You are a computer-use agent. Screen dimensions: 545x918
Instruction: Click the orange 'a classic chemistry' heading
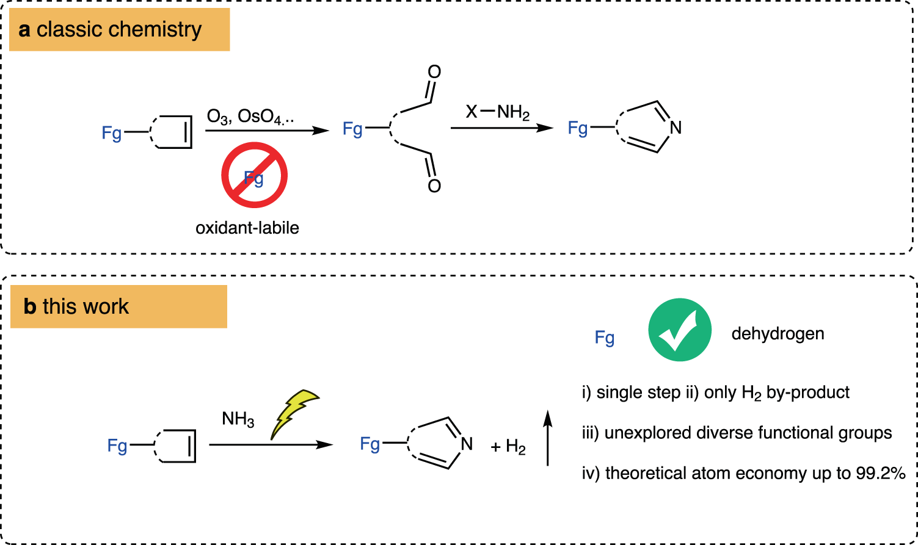119,30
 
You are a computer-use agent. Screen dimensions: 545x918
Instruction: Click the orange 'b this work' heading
118,306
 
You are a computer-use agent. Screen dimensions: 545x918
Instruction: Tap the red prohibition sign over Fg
254,175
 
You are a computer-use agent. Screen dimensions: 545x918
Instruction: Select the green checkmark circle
679,330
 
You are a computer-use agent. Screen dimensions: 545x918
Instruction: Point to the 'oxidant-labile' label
247,228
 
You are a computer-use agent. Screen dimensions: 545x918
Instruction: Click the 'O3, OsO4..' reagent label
250,116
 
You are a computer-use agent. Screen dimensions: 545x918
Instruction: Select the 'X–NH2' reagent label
497,112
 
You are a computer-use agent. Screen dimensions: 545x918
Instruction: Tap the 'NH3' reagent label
238,419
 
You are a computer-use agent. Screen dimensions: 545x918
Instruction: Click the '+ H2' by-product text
508,447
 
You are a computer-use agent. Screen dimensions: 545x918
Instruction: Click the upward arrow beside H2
547,438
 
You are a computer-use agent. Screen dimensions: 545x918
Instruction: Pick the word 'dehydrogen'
778,334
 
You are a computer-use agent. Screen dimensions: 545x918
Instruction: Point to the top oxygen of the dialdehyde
434,72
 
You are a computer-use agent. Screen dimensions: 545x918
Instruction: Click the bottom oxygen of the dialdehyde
434,186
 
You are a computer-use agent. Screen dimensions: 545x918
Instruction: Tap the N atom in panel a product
675,128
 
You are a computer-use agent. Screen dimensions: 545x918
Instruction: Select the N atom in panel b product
467,444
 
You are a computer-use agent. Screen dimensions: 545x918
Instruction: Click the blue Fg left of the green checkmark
605,337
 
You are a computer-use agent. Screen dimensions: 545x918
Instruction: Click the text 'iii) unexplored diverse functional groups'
737,433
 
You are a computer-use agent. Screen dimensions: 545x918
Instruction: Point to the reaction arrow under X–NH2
501,128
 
